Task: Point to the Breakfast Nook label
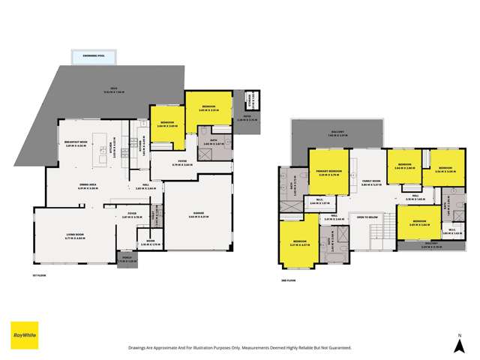[77, 144]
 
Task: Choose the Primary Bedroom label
[330, 172]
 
